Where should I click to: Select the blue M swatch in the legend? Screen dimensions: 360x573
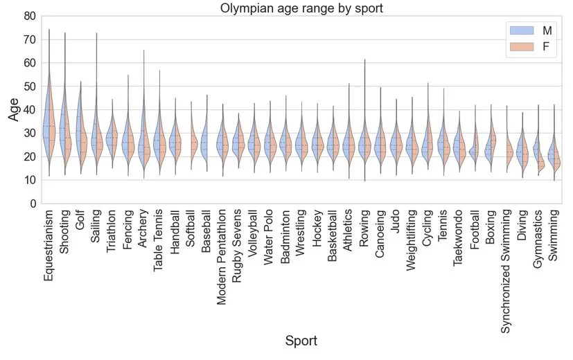(x=521, y=30)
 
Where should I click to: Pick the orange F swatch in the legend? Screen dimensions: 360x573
(x=521, y=48)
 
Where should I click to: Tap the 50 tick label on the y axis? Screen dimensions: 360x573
(x=28, y=86)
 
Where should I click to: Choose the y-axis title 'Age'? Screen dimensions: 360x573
(x=14, y=109)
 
